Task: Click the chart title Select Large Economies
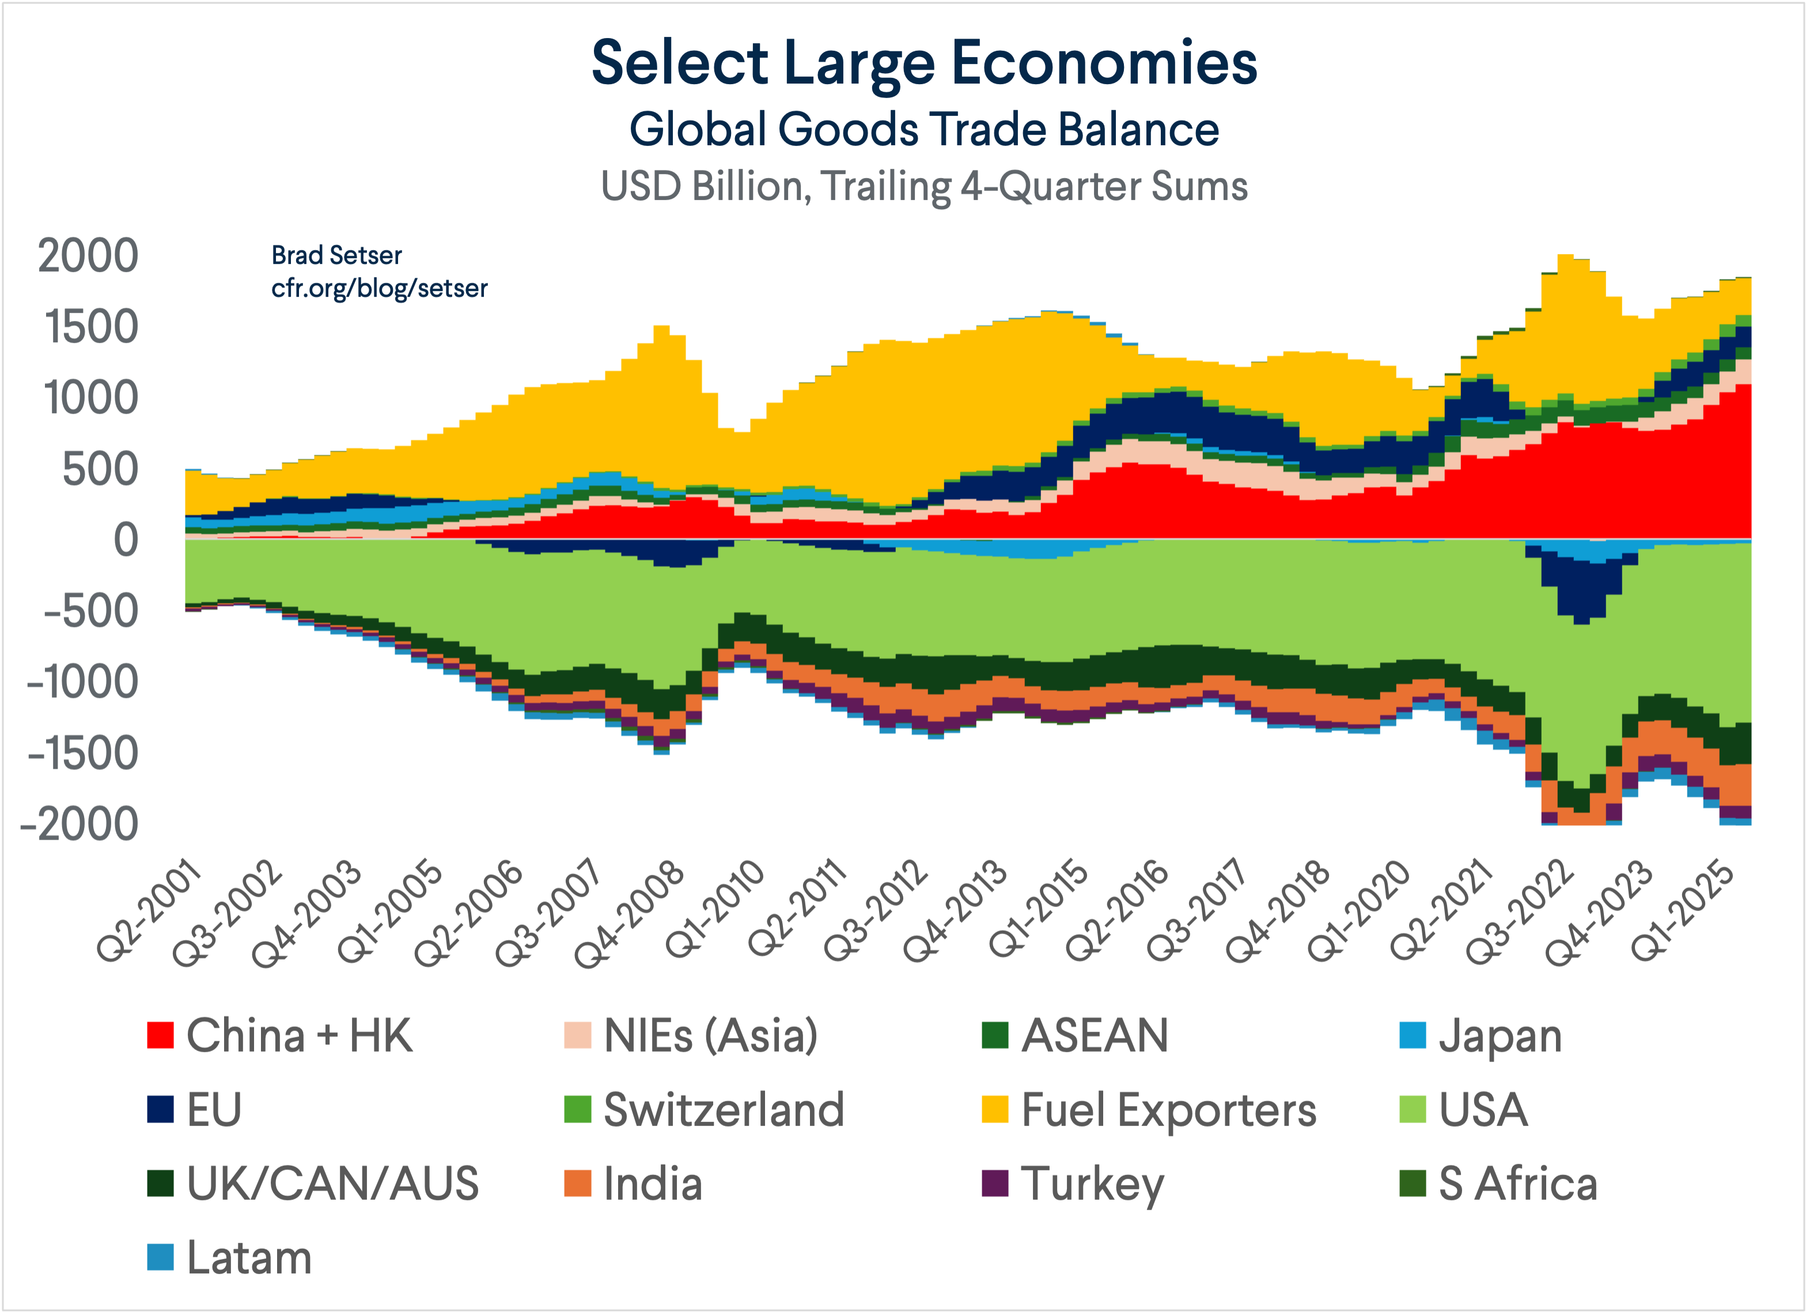(923, 64)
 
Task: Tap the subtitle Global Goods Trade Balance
(923, 129)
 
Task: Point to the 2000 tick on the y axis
(88, 256)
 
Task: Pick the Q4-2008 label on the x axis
(631, 915)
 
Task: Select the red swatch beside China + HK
(160, 1036)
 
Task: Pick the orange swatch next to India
(577, 1184)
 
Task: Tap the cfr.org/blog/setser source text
(379, 288)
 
